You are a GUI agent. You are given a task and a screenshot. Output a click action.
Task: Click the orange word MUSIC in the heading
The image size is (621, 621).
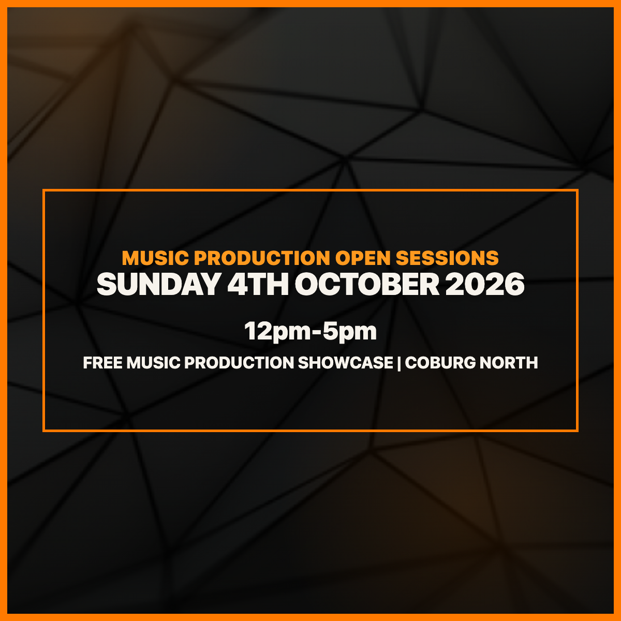pos(155,258)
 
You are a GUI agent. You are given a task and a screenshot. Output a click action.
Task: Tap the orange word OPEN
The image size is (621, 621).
pos(363,258)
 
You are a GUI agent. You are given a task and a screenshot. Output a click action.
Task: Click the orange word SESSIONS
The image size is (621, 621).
pos(447,258)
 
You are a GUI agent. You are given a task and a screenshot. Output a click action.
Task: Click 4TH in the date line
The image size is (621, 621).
pos(258,284)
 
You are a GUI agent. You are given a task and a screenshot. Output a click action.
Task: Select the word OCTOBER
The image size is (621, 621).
pos(367,284)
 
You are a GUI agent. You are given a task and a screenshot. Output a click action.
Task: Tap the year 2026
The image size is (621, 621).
pos(485,284)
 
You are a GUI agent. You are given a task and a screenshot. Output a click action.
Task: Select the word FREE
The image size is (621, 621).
pos(103,363)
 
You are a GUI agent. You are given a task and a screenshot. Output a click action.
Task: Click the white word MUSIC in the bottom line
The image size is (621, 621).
pos(153,363)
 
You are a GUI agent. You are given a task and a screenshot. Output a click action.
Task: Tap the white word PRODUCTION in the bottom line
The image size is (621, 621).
pos(239,363)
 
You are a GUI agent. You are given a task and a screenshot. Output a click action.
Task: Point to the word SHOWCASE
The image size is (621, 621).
pos(346,363)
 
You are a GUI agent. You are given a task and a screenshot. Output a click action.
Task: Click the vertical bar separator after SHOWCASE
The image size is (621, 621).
pos(400,363)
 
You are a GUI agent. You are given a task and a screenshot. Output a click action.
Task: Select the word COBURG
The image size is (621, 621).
pos(440,363)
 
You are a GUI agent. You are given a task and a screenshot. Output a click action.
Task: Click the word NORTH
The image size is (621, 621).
pos(509,363)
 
